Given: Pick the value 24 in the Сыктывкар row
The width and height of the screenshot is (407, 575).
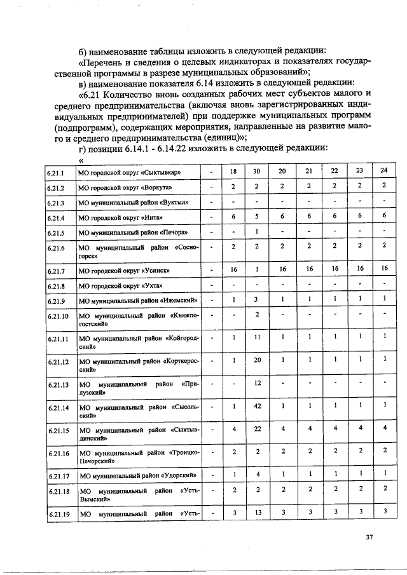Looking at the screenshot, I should coord(383,171).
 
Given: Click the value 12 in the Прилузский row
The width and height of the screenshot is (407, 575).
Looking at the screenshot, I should coord(256,382).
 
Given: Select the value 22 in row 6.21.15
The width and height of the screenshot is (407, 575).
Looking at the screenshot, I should coord(256,428).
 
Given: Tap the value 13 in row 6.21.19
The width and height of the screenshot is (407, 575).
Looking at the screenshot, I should coord(256,511).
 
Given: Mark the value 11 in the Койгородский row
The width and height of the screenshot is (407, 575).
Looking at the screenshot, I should coord(256,337).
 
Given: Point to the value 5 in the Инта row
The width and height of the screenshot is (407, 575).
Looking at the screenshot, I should coord(256,216).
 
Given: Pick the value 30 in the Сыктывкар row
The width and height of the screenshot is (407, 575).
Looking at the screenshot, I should coord(256,171).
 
